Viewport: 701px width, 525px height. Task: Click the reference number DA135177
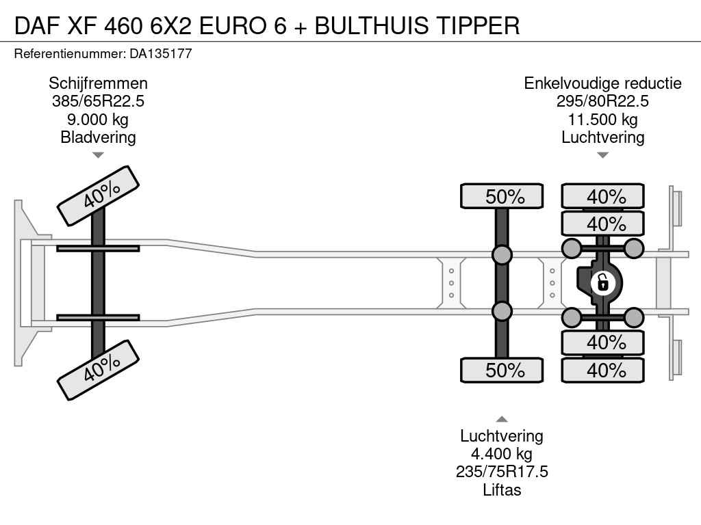(x=160, y=53)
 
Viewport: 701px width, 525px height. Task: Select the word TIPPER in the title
(x=477, y=25)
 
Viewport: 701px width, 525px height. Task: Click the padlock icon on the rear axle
(x=602, y=282)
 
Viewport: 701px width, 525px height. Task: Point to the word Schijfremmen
(x=98, y=83)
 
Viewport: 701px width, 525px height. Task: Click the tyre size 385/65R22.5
(x=98, y=101)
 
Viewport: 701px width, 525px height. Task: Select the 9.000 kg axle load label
(x=98, y=119)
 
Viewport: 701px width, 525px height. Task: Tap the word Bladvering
(x=98, y=137)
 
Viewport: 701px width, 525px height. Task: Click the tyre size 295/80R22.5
(x=602, y=101)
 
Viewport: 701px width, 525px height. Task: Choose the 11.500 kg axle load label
(x=602, y=119)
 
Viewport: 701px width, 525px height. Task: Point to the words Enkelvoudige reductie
(x=602, y=83)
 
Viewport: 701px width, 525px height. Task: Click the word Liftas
(x=502, y=489)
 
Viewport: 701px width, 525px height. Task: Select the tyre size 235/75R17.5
(x=502, y=472)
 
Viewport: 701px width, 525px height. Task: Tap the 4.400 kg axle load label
(x=502, y=454)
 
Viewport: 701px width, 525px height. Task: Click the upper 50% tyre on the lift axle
(x=502, y=196)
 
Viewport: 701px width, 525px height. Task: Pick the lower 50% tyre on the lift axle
(x=502, y=370)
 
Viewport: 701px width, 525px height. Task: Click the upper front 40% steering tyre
(x=98, y=196)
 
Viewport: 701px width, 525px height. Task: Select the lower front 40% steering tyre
(x=98, y=370)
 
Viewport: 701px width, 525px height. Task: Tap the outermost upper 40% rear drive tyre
(x=602, y=196)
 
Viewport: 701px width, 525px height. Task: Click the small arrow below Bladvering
(x=98, y=155)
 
